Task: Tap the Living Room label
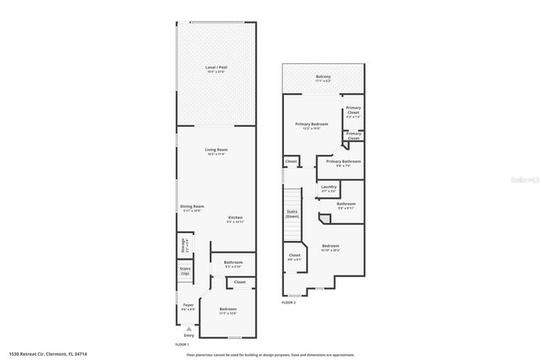pyautogui.click(x=216, y=150)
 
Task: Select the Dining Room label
pyautogui.click(x=192, y=206)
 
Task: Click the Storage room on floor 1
pyautogui.click(x=183, y=247)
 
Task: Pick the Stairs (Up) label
pyautogui.click(x=184, y=272)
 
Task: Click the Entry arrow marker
pyautogui.click(x=189, y=329)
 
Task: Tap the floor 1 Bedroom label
pyautogui.click(x=228, y=310)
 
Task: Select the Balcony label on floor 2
pyautogui.click(x=323, y=77)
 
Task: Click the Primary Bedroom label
pyautogui.click(x=311, y=124)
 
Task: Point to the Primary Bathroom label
pyautogui.click(x=343, y=161)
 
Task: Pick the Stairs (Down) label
pyautogui.click(x=292, y=213)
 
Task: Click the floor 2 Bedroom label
pyautogui.click(x=331, y=247)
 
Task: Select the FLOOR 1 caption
pyautogui.click(x=182, y=344)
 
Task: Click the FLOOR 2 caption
pyautogui.click(x=289, y=302)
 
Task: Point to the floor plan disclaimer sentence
pyautogui.click(x=270, y=353)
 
